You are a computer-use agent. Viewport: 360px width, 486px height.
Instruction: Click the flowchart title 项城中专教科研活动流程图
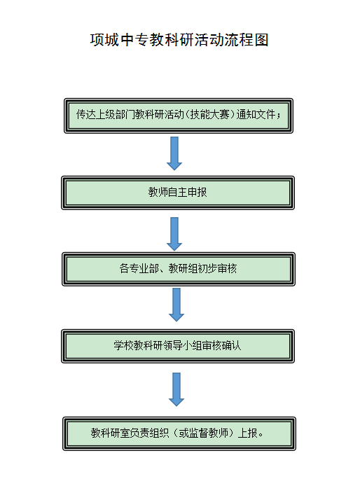179,40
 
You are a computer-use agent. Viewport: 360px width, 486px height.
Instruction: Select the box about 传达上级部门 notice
179,116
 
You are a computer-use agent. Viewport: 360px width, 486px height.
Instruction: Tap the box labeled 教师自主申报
178,193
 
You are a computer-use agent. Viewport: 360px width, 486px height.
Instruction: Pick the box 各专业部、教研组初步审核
179,269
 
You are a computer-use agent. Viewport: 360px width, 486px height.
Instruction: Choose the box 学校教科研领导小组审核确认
178,346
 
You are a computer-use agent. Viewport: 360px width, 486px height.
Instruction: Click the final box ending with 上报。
179,433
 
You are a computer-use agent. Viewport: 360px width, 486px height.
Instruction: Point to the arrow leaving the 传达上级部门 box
174,153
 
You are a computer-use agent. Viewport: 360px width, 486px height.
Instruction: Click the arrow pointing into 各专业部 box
174,234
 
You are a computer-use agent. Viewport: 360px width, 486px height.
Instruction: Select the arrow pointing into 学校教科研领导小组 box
176,305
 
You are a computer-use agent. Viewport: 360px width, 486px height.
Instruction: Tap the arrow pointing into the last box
176,389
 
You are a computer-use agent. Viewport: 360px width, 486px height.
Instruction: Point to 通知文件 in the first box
256,115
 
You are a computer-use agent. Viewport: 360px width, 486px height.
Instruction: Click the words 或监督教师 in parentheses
203,433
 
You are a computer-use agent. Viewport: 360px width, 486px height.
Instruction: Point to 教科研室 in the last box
110,433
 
